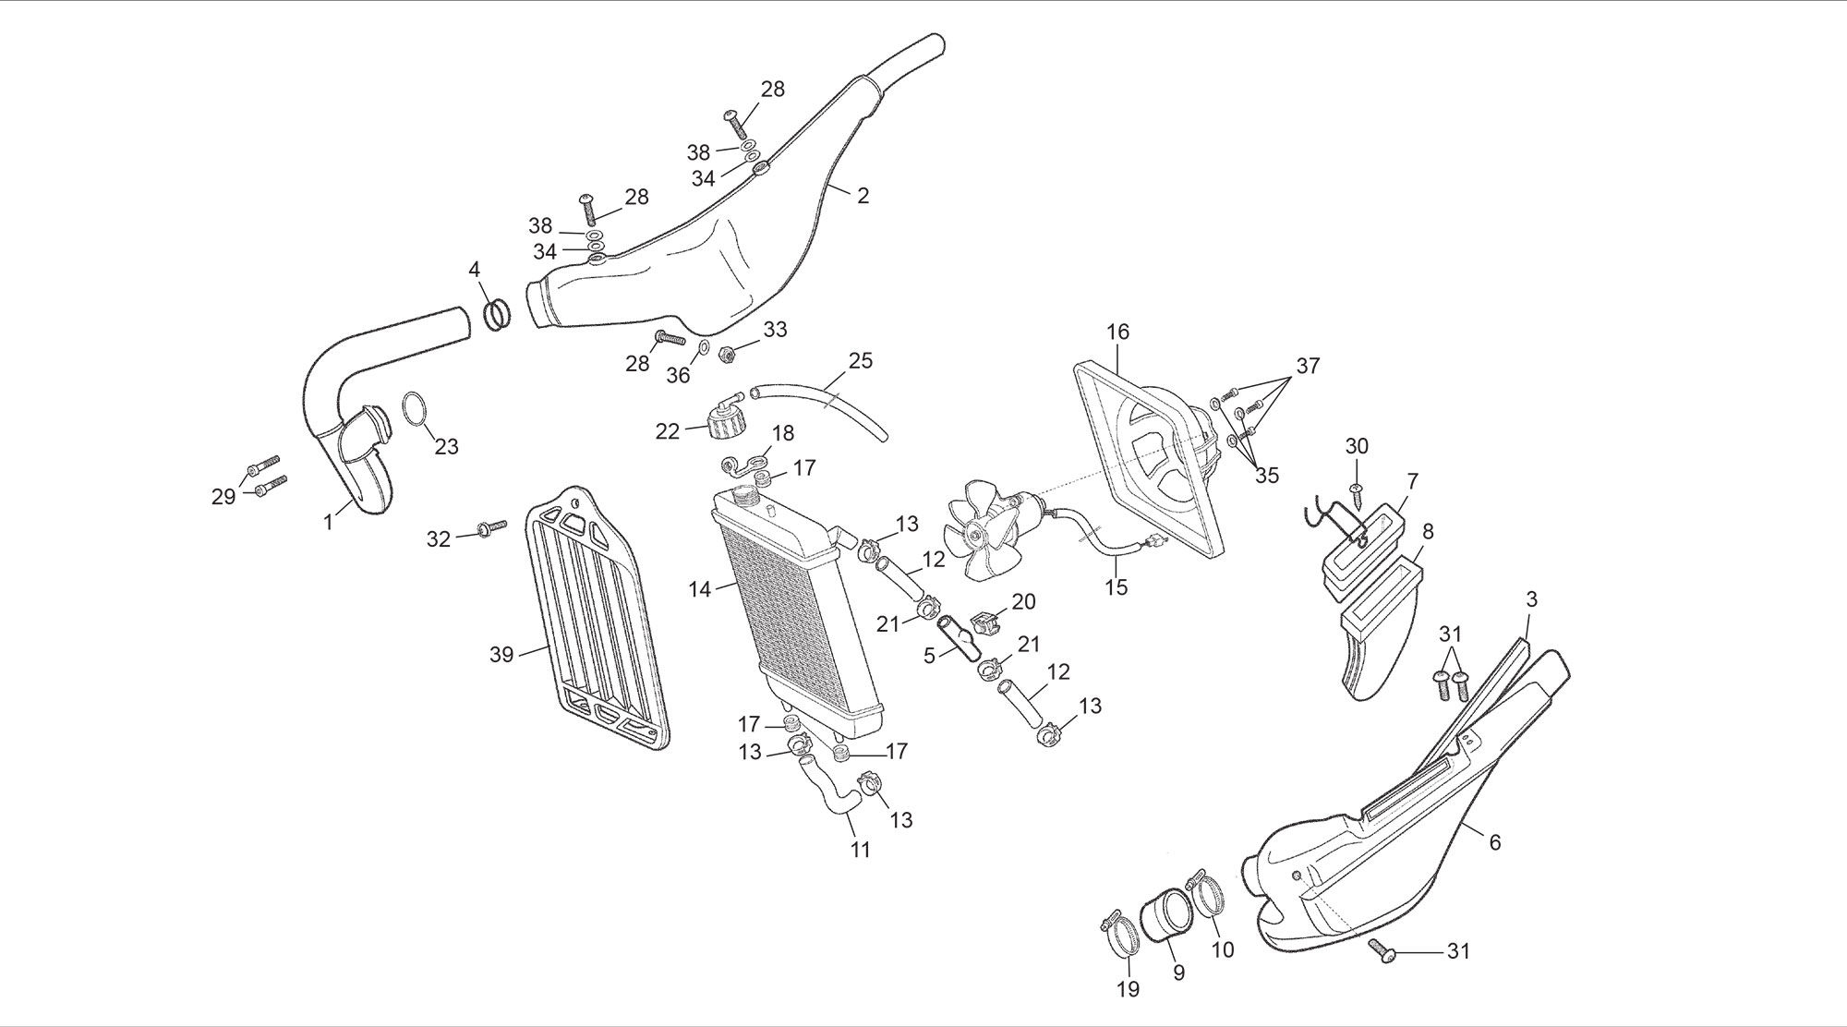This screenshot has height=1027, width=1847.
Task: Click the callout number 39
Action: click(x=501, y=655)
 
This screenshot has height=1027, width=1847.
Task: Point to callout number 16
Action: click(x=1117, y=332)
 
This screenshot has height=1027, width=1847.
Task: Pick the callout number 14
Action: click(x=699, y=587)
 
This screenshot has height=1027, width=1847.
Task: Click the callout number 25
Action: click(x=860, y=360)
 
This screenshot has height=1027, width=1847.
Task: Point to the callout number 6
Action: click(x=1494, y=841)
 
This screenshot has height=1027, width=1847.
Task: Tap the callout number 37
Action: click(x=1308, y=366)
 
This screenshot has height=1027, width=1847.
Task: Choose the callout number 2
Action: click(x=863, y=196)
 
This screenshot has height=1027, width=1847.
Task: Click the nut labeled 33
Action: click(x=727, y=351)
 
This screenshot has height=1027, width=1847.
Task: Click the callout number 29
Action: click(x=223, y=497)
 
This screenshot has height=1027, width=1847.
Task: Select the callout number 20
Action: click(x=1023, y=601)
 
